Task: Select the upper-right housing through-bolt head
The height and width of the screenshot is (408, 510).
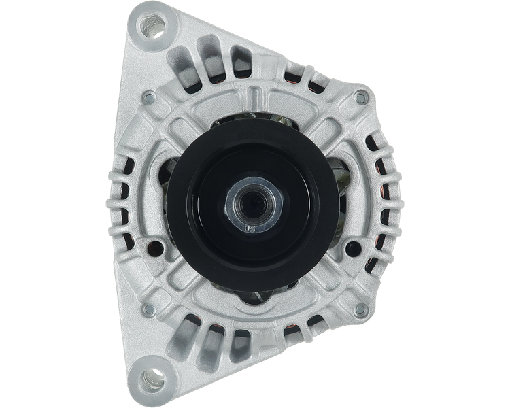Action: (x=360, y=99)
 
